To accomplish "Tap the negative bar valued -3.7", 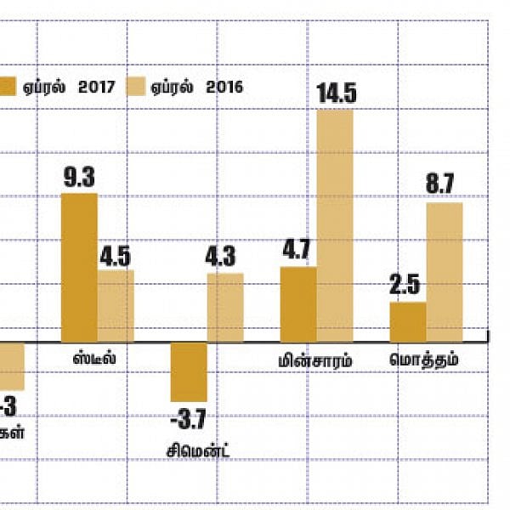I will (189, 372).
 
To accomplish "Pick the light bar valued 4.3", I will (225, 308).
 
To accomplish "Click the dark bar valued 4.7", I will (297, 304).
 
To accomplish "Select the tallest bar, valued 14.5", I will (334, 225).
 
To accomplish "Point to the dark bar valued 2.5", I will (408, 322).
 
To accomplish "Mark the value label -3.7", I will (188, 419).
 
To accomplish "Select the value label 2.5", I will (406, 286).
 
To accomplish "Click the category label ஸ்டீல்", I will (95, 359).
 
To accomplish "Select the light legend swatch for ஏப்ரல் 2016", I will (137, 86).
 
